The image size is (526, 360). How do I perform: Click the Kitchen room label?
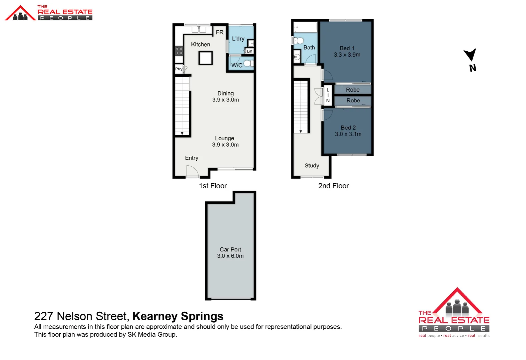(200, 44)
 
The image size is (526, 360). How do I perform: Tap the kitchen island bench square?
(205, 58)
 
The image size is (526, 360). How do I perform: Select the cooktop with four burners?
(179, 51)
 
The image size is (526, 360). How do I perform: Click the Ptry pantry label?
(179, 69)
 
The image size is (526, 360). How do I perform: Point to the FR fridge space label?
(219, 32)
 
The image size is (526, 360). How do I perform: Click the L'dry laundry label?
(238, 39)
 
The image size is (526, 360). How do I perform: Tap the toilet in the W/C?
(248, 63)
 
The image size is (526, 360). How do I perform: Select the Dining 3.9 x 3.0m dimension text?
(225, 100)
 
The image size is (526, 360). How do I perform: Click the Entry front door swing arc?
(193, 171)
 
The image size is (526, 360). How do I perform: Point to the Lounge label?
(224, 138)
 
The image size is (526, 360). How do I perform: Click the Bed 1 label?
(347, 48)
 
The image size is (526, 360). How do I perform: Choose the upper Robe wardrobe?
(353, 90)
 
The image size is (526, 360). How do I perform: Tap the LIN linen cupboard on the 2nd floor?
(328, 95)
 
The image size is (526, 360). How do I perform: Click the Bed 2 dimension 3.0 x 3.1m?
(348, 134)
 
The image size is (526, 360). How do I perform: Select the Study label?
(312, 166)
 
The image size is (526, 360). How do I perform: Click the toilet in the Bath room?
(299, 41)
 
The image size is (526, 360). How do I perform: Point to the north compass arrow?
(471, 55)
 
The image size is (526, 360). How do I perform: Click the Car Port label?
(230, 249)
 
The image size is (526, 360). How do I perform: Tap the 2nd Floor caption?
(333, 186)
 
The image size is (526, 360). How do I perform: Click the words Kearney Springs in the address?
(178, 316)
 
